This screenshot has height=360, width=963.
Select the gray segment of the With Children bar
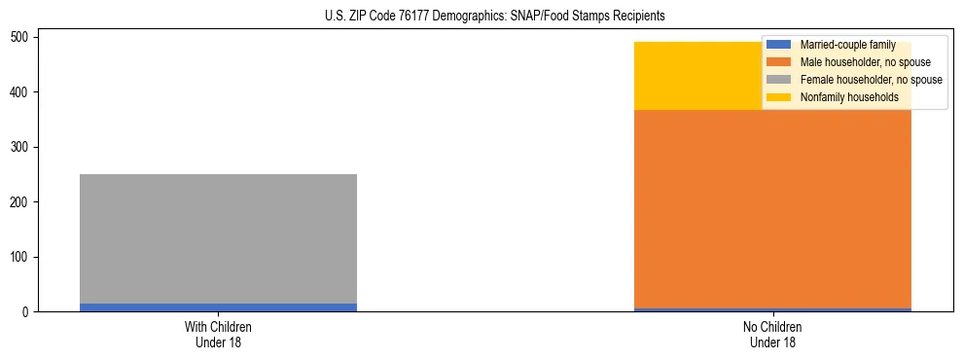218,238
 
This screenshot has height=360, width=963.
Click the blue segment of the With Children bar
218,307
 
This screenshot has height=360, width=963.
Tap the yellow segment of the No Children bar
681,76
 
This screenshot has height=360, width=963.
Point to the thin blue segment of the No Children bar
772,309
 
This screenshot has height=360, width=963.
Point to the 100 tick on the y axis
24,257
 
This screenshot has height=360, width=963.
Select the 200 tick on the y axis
24,202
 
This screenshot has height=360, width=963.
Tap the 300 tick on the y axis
24,147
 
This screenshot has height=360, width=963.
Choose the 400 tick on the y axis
24,92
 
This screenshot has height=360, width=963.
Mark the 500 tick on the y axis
24,37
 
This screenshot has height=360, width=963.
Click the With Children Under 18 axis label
218,334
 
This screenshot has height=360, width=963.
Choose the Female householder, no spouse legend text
871,80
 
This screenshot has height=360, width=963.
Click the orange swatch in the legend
778,62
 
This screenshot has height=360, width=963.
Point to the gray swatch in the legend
778,80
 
